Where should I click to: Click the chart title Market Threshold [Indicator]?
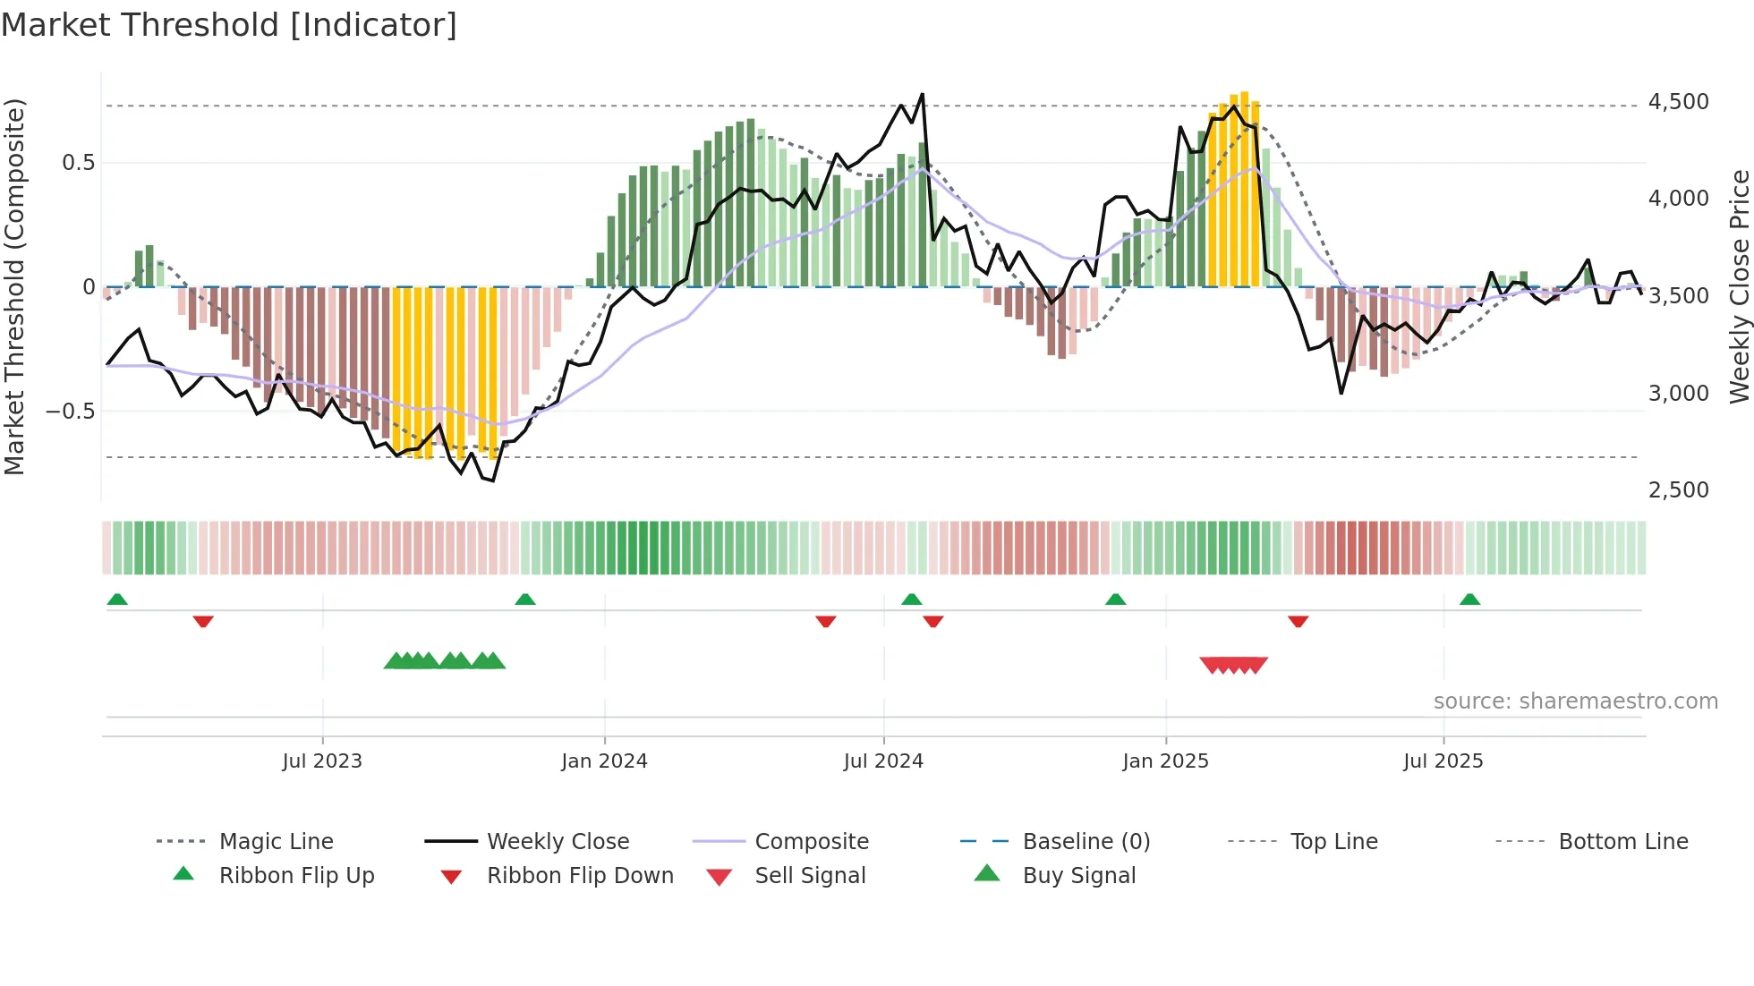click(229, 25)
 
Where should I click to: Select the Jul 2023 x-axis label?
click(322, 761)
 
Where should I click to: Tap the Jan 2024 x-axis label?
click(604, 761)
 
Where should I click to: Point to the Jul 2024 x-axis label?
click(883, 761)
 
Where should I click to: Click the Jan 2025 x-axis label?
click(1165, 761)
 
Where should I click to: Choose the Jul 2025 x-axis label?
click(1443, 761)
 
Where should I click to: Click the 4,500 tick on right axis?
click(1678, 102)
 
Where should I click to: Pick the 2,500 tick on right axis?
click(1678, 490)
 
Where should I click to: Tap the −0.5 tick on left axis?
click(70, 412)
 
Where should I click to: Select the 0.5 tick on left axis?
click(78, 163)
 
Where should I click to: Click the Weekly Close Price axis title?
click(1739, 286)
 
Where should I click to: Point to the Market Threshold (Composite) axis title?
click(14, 286)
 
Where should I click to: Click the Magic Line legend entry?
click(276, 842)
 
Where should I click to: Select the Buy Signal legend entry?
click(1078, 876)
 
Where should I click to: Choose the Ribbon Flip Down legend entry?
click(579, 876)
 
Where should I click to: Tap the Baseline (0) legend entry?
click(1086, 842)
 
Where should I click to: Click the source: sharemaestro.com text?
click(1575, 701)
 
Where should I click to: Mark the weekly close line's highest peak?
click(922, 94)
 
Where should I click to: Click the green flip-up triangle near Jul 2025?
click(1469, 599)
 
